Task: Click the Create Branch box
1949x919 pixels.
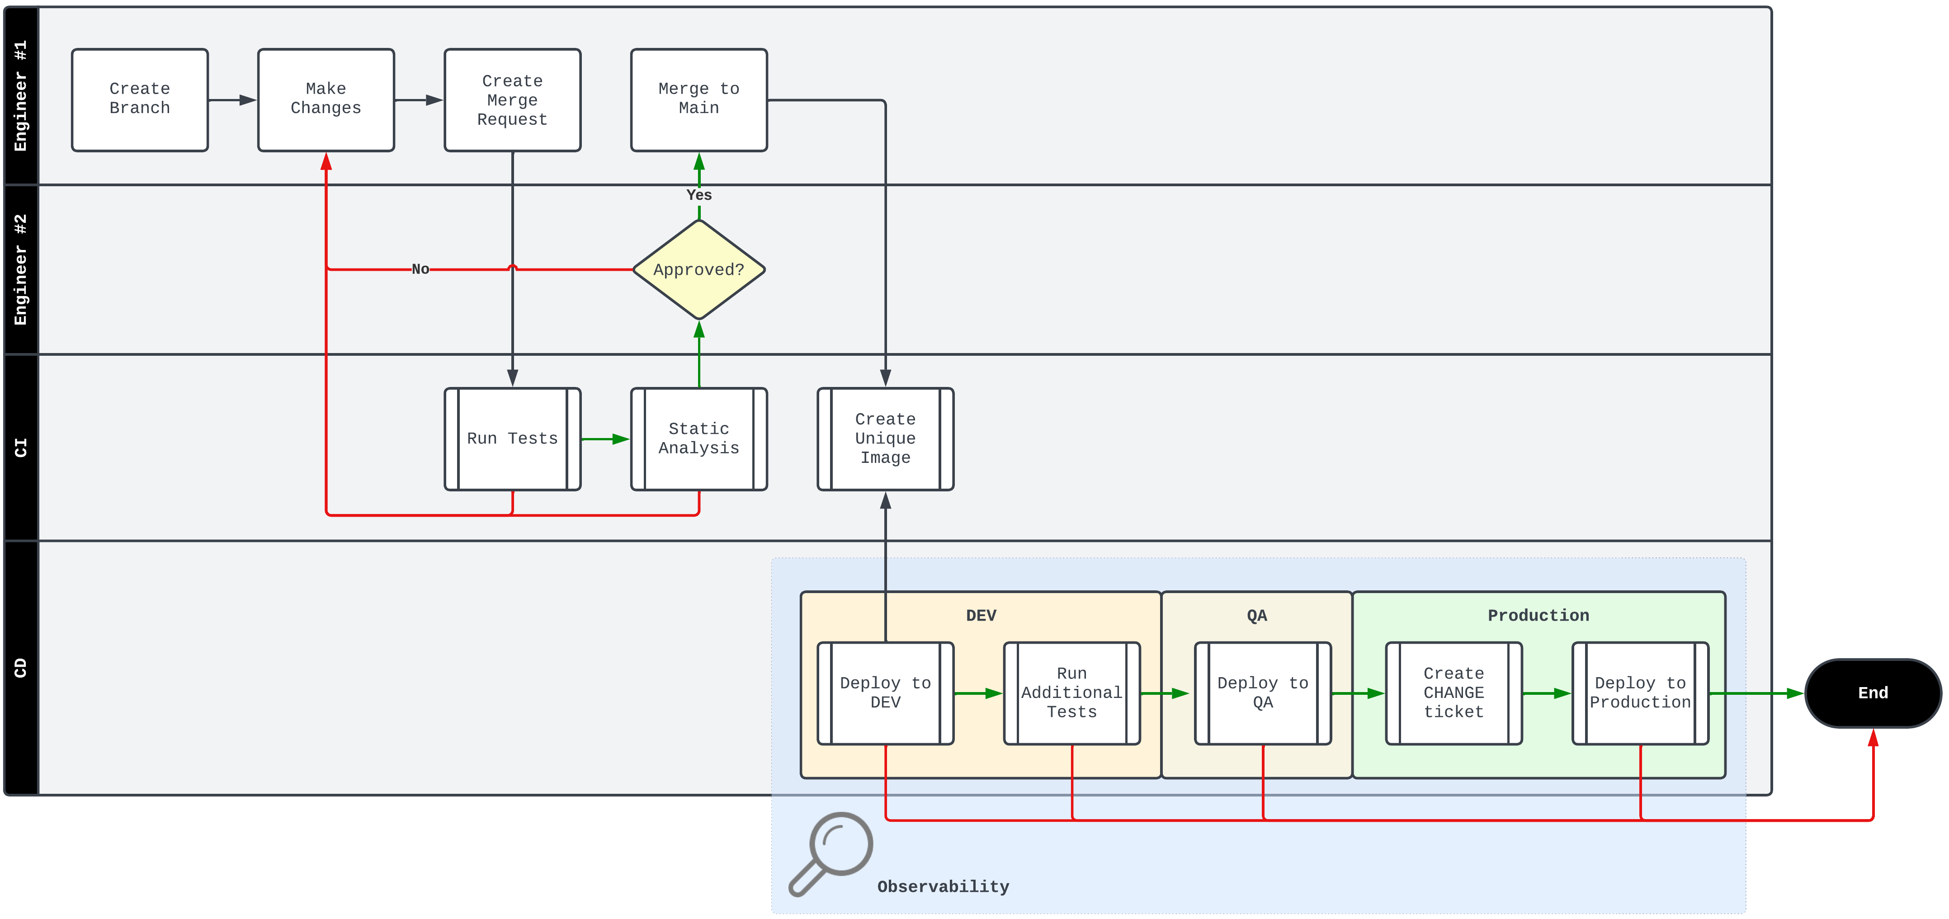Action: tap(140, 100)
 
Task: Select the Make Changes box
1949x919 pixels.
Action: tap(326, 100)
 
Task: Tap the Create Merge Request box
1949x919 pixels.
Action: tap(512, 100)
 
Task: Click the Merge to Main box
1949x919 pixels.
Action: tap(698, 100)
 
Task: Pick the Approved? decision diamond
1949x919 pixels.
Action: tap(698, 269)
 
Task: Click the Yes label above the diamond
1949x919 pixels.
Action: tap(699, 195)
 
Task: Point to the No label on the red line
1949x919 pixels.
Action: tap(420, 269)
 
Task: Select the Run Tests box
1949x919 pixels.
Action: tap(512, 438)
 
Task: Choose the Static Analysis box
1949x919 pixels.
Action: tap(698, 438)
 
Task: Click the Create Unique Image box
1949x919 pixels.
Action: tap(885, 438)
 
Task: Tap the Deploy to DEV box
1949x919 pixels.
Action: tap(885, 693)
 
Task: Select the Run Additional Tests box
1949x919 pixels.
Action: tap(1071, 693)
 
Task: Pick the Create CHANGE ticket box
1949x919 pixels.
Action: tap(1453, 693)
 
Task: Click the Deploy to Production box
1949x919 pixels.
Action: tap(1640, 693)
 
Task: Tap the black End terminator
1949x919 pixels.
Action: tap(1873, 693)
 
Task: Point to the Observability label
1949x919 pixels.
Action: tap(943, 886)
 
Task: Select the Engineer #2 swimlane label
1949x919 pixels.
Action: tap(20, 269)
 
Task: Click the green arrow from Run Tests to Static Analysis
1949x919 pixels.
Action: tap(605, 438)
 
